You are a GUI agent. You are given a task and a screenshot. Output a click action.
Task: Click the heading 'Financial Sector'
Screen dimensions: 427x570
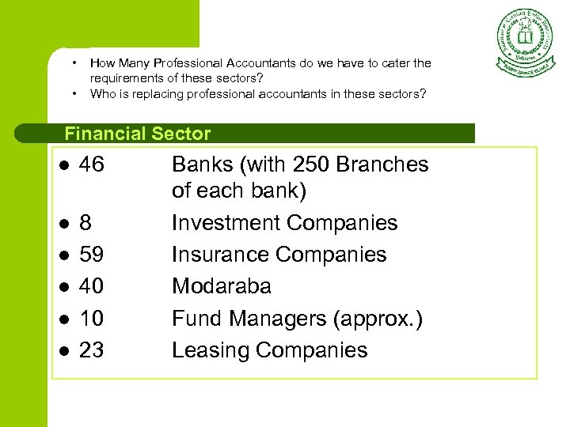138,134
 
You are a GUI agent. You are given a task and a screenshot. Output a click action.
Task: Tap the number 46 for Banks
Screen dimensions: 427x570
92,164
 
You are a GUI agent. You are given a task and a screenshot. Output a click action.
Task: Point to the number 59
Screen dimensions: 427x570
92,255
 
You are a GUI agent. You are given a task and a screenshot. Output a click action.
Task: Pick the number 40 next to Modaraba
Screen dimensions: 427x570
92,286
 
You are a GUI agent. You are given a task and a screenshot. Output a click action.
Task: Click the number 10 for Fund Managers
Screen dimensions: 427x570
92,319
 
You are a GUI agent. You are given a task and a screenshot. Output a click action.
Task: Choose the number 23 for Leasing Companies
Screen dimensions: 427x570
92,350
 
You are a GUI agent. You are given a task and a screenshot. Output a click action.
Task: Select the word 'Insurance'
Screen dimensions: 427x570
222,255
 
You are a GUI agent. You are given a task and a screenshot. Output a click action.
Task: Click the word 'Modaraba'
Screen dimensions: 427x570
222,286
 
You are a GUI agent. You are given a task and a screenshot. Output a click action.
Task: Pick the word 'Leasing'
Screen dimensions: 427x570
207,350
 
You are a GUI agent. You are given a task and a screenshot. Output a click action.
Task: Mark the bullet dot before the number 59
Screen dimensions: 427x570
63,255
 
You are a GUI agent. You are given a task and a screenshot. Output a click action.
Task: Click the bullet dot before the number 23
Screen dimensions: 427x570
63,351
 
